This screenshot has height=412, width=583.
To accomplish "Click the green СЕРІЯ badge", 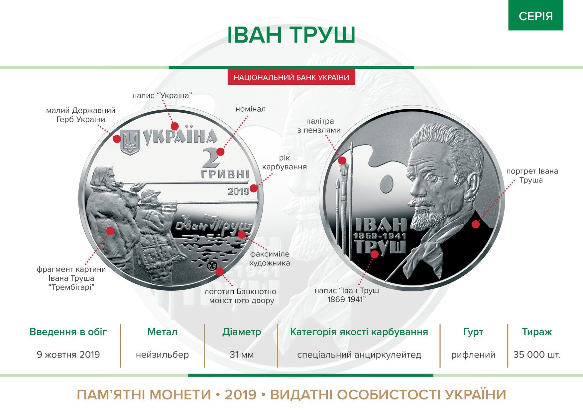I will pos(535,16).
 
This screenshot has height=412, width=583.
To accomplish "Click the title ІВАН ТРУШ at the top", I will pos(291,35).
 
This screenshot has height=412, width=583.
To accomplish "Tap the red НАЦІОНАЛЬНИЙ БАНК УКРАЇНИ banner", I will pos(291,77).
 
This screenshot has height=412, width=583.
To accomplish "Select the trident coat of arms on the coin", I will pos(130,142).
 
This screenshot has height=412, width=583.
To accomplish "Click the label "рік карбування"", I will pos(284,162).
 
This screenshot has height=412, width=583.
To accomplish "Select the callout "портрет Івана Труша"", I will pos(532,176).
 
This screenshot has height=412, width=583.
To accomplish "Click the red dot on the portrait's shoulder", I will pos(476,224).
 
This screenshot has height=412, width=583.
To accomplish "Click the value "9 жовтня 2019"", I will pos(68,355).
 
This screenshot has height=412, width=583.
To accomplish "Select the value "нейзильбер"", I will pos(162,355).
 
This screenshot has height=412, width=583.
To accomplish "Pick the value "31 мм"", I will pos(242,355).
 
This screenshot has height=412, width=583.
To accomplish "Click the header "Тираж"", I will pos(536,332).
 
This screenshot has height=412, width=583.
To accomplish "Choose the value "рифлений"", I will pos(473,355).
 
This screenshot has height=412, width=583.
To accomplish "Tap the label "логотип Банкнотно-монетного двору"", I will pos(242,296).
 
